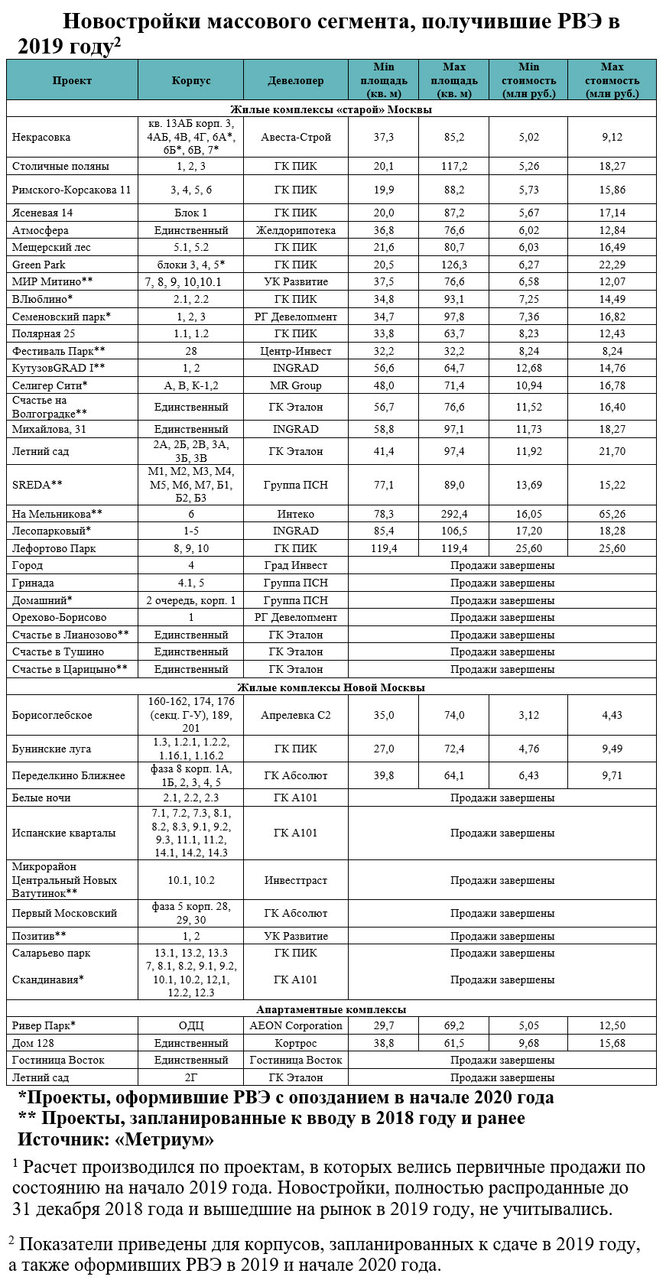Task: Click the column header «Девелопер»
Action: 295,80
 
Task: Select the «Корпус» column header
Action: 190,80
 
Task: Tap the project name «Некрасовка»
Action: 41,137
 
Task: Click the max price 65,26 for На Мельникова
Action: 612,514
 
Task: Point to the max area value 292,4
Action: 453,514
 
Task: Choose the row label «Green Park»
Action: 39,265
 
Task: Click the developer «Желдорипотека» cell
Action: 295,230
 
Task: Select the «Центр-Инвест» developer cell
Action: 295,351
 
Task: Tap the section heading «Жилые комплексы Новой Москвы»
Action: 331,687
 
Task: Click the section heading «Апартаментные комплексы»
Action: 331,1009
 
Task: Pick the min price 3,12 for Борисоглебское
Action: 528,715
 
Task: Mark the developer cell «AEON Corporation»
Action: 295,1025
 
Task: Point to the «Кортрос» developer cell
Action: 295,1043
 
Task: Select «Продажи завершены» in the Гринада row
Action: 502,583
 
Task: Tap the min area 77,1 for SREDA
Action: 383,485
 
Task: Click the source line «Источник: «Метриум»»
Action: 115,1139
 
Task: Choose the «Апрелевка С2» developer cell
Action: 295,715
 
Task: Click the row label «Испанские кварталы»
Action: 64,833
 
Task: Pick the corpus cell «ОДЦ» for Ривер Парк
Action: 190,1025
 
